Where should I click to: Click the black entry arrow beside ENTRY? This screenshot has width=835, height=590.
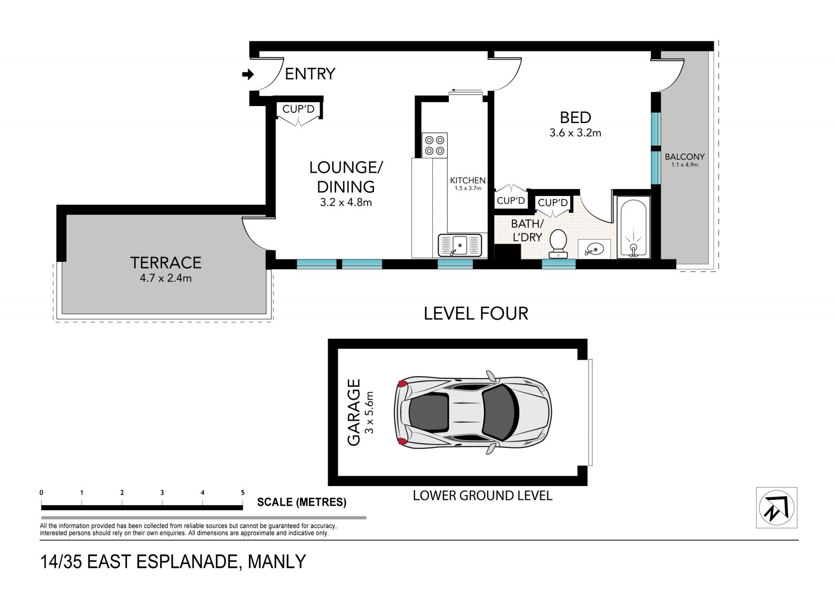(x=248, y=75)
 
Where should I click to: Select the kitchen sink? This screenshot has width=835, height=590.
(x=460, y=245)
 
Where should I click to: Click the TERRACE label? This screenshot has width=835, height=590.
(x=166, y=263)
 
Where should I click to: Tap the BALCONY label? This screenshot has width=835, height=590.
(x=685, y=157)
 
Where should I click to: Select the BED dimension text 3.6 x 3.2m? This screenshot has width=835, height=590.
(x=575, y=133)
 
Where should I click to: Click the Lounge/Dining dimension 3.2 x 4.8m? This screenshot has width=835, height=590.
(x=346, y=202)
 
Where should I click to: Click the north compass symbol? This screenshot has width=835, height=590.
(x=777, y=507)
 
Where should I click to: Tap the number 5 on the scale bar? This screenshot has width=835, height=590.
(x=243, y=493)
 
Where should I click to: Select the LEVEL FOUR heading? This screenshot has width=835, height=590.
(x=476, y=313)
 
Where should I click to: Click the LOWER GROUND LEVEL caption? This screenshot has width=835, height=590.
(x=482, y=496)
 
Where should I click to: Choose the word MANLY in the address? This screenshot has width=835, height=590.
(x=277, y=562)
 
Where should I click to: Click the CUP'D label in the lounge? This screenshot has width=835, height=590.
(x=298, y=109)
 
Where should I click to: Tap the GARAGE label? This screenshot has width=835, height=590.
(x=354, y=413)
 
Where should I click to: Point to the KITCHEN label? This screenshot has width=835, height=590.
(x=468, y=180)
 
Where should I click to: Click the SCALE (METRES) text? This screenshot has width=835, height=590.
(x=302, y=502)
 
